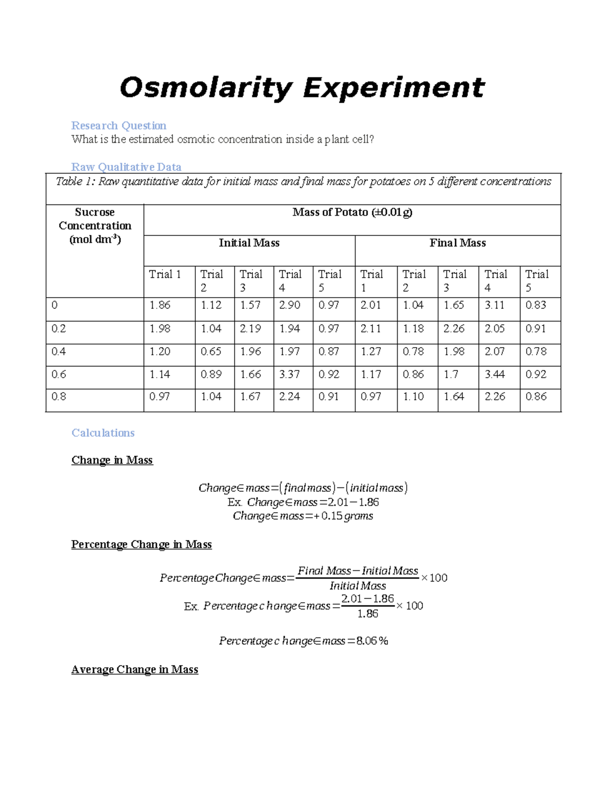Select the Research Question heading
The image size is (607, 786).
coord(118,126)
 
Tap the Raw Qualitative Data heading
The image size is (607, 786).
coord(126,167)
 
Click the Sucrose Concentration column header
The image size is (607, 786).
coord(95,226)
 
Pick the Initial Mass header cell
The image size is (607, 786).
coord(249,243)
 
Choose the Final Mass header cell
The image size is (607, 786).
coord(457,243)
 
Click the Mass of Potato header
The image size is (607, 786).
coord(352,213)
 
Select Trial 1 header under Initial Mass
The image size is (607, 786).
coord(165,274)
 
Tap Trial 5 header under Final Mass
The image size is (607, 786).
coord(536,281)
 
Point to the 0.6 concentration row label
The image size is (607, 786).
coord(59,375)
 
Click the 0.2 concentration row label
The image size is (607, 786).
coord(59,329)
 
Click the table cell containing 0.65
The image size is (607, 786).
coord(211,352)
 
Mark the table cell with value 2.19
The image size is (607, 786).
coord(250,329)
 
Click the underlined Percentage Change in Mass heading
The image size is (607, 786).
coord(141,545)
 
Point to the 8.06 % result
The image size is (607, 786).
coord(372,641)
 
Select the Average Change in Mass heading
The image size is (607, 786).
coord(135,670)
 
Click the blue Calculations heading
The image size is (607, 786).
coord(103,433)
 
